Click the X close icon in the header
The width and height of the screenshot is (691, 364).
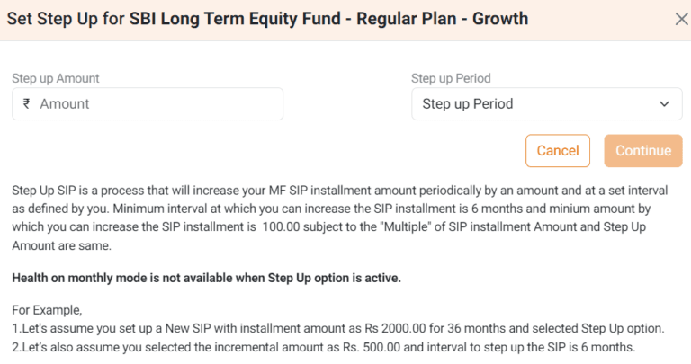point(681,19)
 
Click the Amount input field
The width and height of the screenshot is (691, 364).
point(157,104)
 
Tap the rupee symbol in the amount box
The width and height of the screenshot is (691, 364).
point(27,104)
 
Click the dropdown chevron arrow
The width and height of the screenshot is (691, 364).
point(664,104)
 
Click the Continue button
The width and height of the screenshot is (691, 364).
point(643,151)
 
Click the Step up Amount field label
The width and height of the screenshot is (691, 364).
point(56,78)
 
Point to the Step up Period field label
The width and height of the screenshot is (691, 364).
point(451,78)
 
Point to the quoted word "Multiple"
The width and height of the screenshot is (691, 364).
point(404,228)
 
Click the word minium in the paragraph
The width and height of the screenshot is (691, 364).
point(554,209)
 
